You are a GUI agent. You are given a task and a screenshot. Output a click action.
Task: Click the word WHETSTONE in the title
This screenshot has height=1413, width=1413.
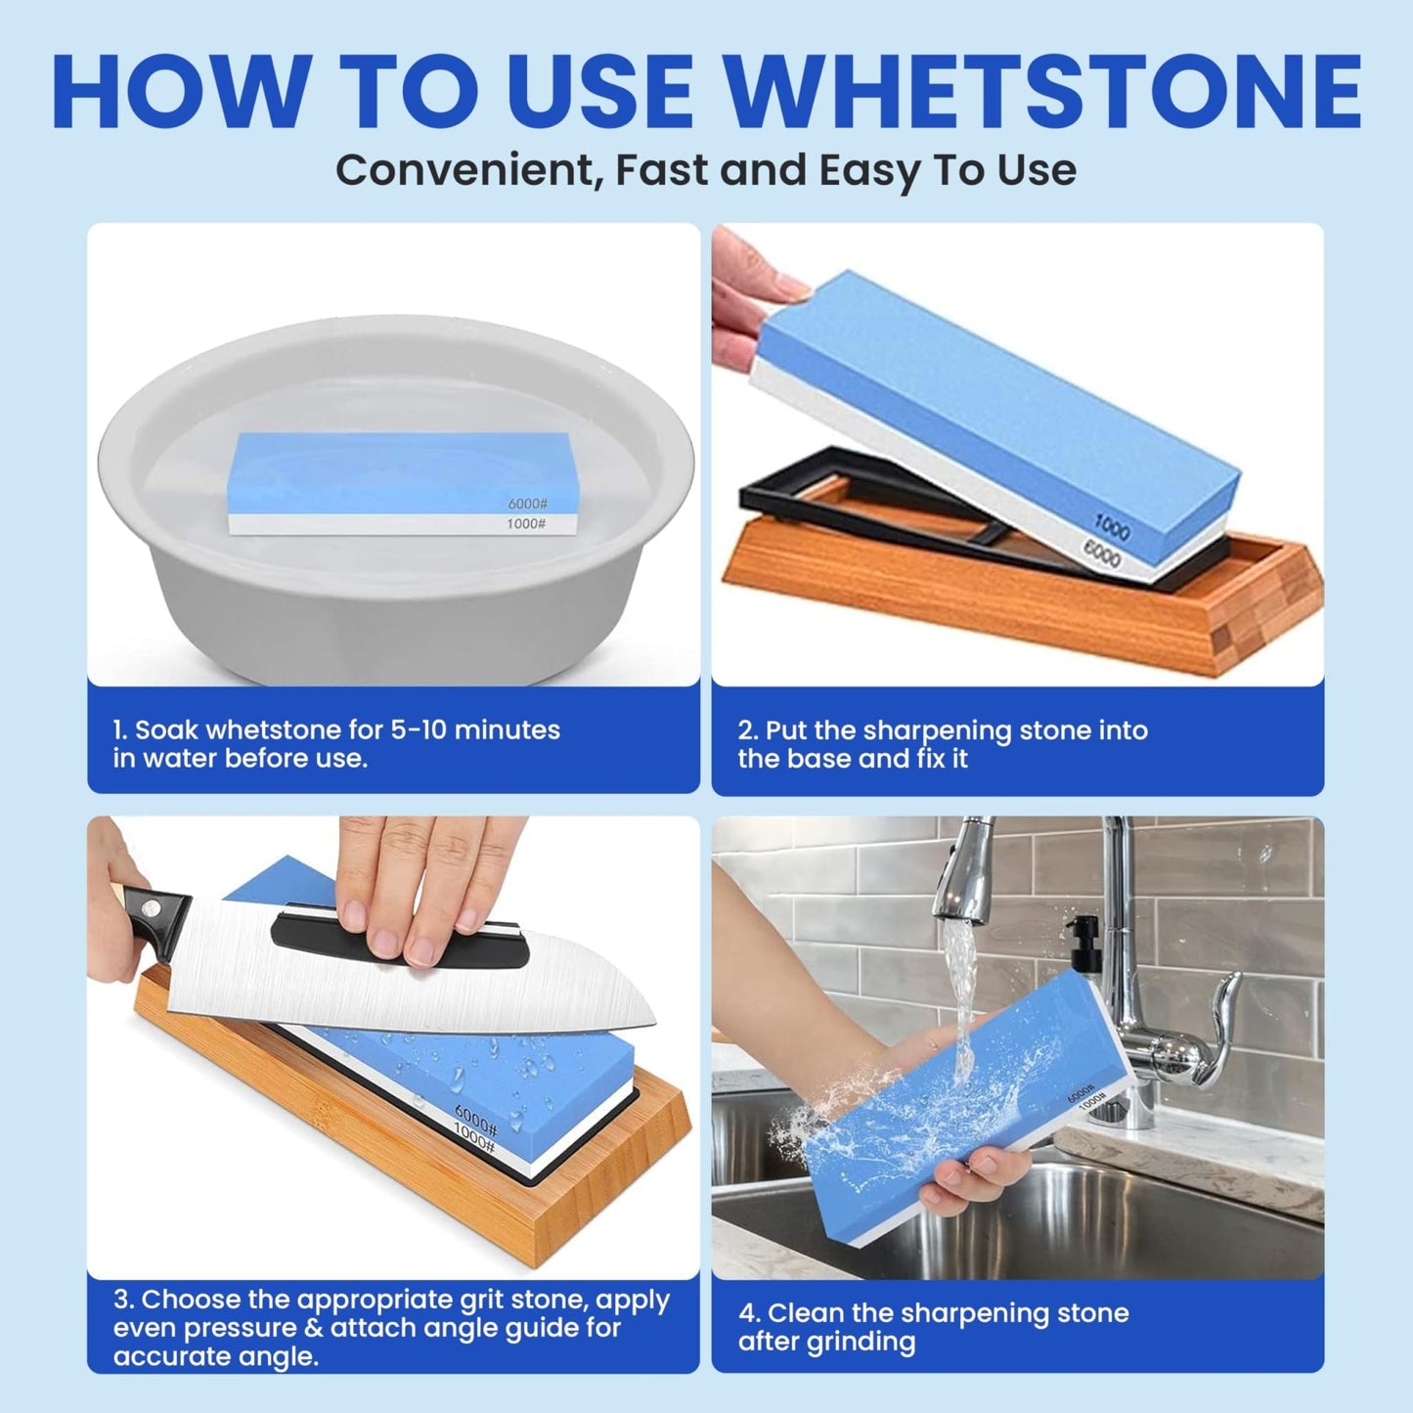click(x=1044, y=92)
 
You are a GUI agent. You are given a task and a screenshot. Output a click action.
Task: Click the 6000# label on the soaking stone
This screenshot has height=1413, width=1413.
click(x=527, y=504)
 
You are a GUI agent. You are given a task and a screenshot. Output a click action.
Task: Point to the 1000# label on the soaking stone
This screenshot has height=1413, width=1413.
click(x=526, y=524)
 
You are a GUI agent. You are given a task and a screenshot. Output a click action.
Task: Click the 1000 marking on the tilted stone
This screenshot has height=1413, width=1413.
click(x=1111, y=528)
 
